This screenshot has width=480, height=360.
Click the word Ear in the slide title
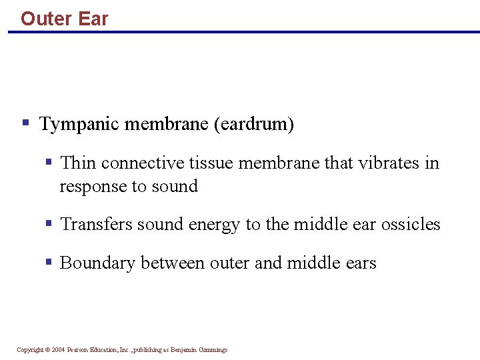(93, 19)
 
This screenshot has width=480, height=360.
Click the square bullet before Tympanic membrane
(25, 123)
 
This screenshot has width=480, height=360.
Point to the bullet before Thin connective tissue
(49, 162)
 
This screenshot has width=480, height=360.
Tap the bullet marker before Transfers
(49, 223)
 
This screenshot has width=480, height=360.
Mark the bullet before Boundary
(49, 262)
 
